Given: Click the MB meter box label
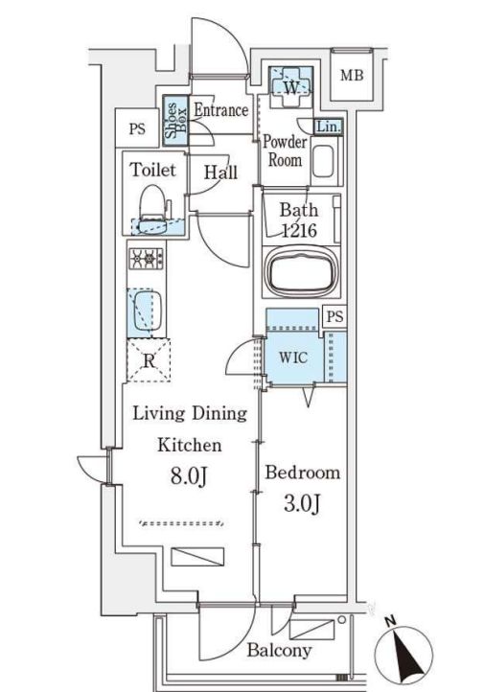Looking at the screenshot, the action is click(x=352, y=76).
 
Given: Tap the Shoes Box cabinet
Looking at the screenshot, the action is click(x=175, y=121).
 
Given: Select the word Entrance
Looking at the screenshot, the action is click(x=221, y=110).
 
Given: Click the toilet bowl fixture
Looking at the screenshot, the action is click(x=152, y=207).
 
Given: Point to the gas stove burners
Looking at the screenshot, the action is click(x=146, y=258).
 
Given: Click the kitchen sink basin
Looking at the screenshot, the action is click(x=147, y=311).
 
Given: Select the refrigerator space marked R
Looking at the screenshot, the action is click(x=149, y=360).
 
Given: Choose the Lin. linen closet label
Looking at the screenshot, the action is click(x=328, y=127).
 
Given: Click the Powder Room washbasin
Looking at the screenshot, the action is click(x=323, y=161).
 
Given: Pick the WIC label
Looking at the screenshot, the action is click(x=293, y=358).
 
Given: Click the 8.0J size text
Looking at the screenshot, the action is click(x=189, y=476).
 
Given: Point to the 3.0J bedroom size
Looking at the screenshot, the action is click(x=302, y=503).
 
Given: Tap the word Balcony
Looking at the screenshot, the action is click(x=279, y=650).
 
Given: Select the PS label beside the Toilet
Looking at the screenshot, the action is click(x=137, y=129).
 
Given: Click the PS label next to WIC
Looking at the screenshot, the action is click(x=335, y=316).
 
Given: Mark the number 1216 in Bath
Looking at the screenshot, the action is click(x=299, y=230).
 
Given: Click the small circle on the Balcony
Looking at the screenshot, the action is click(x=341, y=619).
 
